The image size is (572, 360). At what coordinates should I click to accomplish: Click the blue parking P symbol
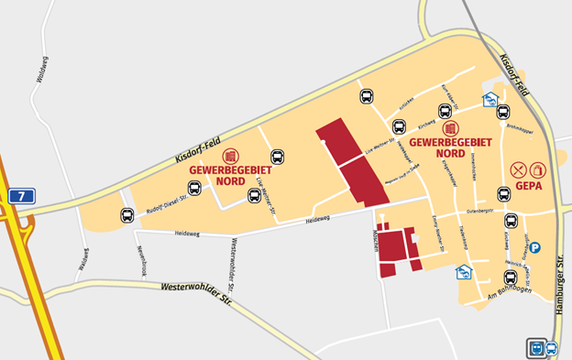535,247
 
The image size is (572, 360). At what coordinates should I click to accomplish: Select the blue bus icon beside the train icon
551,348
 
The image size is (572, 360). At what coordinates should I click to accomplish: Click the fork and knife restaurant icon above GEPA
519,169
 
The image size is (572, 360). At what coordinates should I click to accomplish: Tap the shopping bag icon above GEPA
538,169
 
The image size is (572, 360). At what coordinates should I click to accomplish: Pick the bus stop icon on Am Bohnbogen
511,278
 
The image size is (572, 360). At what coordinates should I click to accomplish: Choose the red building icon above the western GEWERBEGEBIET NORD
230,156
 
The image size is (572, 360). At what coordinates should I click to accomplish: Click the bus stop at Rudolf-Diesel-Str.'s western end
126,215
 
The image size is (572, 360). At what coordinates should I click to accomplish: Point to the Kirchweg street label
426,120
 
